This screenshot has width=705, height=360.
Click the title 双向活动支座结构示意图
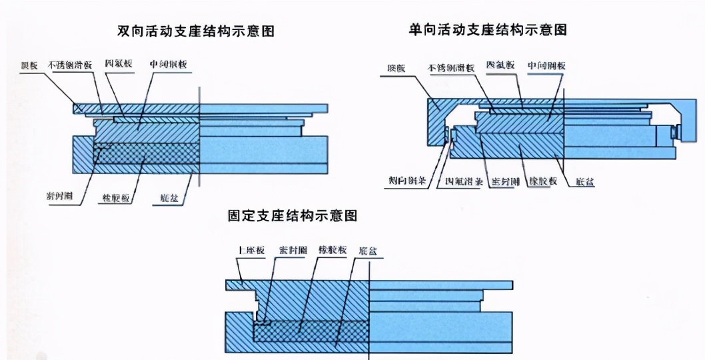[196, 31]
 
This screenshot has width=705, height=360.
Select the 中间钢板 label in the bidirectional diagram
[168, 65]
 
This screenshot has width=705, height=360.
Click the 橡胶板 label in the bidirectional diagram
[116, 199]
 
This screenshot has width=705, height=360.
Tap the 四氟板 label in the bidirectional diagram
[119, 64]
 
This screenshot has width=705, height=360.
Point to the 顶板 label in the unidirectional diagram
[397, 67]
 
